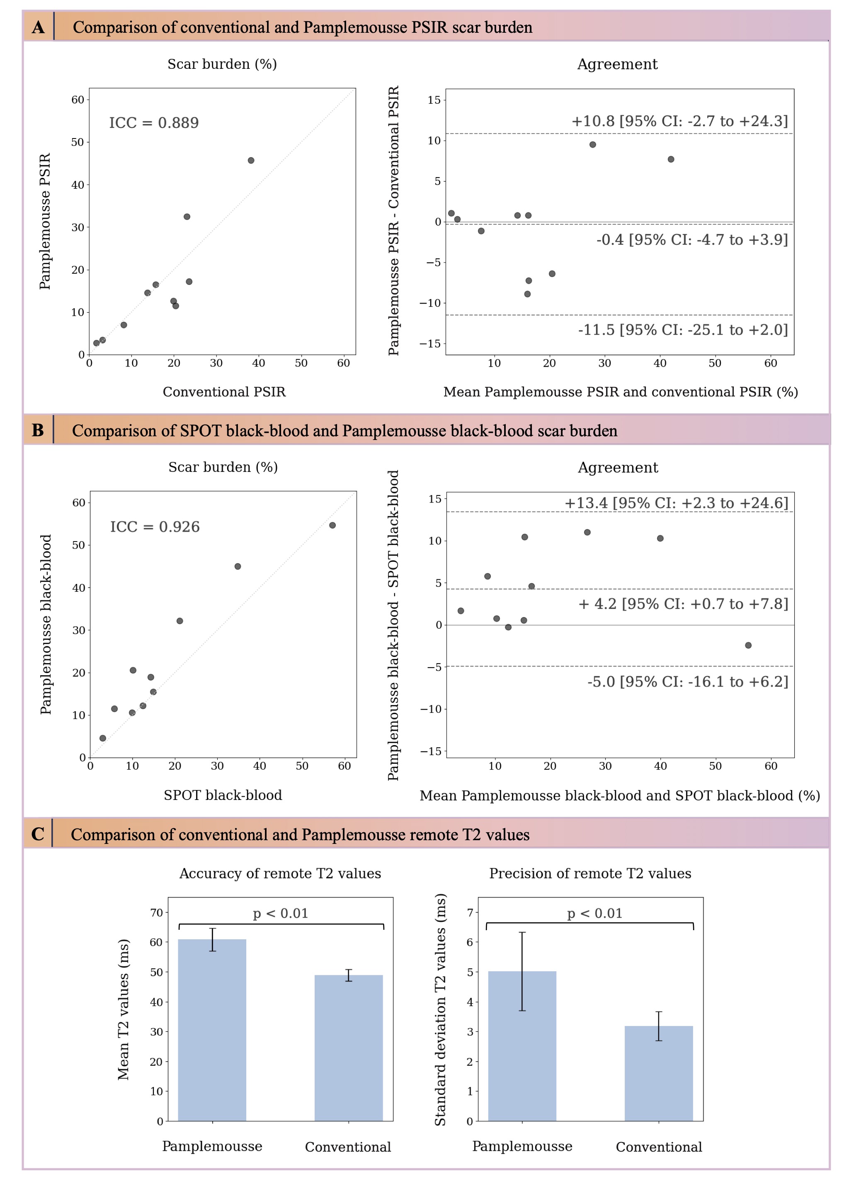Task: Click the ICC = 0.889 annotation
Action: pos(154,123)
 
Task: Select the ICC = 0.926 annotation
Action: pos(155,527)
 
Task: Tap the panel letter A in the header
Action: pos(38,27)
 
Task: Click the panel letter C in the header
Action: pos(37,834)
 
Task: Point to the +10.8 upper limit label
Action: pos(679,121)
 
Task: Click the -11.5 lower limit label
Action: pos(683,330)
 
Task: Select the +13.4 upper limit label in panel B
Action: pos(676,503)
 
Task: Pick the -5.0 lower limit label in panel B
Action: pos(687,681)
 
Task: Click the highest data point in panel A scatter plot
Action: pos(251,160)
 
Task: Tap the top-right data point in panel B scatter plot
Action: pos(332,525)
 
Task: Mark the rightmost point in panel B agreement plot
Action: pos(748,645)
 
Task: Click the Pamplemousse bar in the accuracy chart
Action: pos(212,1029)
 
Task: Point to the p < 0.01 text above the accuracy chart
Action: pos(281,913)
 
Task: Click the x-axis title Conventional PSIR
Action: pos(224,392)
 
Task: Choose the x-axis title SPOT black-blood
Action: pos(223,795)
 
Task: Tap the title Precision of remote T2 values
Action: pos(590,873)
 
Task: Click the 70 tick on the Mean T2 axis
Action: pos(156,912)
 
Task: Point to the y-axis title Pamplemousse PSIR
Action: pos(45,221)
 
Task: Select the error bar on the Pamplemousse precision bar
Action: pos(522,971)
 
